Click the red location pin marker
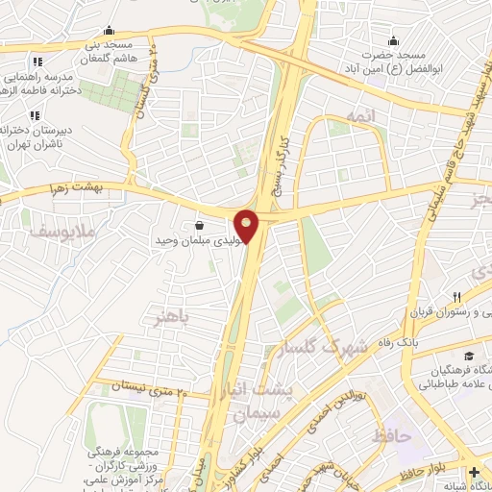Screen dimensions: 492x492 point(247,225)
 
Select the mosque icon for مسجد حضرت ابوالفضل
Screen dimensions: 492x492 point(392,40)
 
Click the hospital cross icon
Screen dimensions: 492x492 point(475,472)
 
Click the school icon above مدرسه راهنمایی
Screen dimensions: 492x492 point(37,61)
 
